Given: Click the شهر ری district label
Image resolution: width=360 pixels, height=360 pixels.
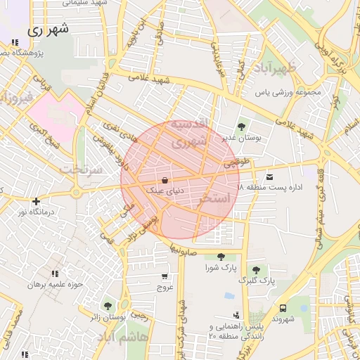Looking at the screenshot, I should pos(47,30).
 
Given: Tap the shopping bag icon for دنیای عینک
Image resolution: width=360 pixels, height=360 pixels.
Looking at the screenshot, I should pos(165,180).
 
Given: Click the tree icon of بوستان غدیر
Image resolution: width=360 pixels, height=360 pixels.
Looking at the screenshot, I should pos(242,127).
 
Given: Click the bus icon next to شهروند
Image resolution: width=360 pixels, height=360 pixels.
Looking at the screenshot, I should pos(283,308).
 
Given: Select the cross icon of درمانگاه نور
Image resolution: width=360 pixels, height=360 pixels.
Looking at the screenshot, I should pos(36,201).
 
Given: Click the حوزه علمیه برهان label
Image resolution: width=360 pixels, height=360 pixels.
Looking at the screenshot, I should pos(55,285).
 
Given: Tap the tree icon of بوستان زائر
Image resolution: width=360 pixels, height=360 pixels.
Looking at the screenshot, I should pos(107,306).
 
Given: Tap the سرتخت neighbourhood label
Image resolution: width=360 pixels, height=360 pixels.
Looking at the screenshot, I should pos(81,169).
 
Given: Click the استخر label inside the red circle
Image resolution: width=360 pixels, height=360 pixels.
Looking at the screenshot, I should pos(214,199).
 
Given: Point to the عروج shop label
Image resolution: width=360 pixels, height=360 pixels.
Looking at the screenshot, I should pos(165,287).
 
